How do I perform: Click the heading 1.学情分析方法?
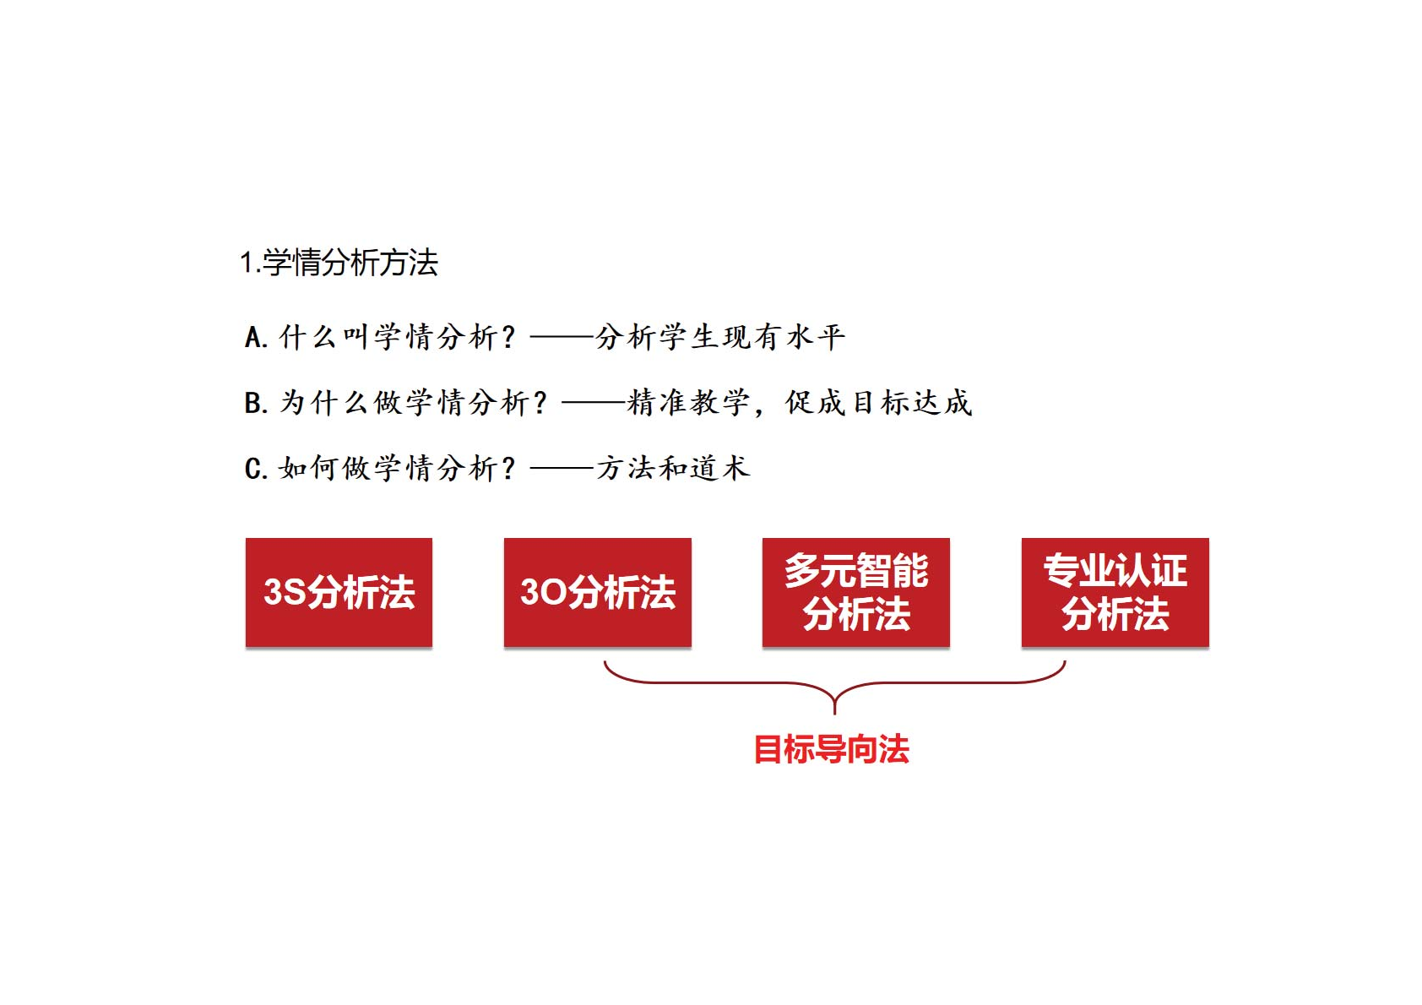coord(339,262)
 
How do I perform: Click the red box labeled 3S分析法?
coord(339,592)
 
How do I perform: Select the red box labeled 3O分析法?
coord(597,592)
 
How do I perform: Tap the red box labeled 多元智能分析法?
coord(855,592)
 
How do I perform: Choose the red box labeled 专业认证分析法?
coord(1115,592)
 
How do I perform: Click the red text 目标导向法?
coord(832,749)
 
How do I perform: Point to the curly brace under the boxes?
coord(834,683)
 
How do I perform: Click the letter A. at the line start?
coord(257,337)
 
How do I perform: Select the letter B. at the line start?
coord(257,403)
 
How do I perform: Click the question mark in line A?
coord(507,337)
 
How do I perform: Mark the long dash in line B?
coord(594,402)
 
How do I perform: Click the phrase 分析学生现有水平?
coord(720,337)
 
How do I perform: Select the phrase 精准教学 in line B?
coord(688,403)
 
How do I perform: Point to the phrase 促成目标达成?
coord(878,403)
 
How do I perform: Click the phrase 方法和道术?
coord(673,469)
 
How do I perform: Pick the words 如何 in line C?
coord(309,469)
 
